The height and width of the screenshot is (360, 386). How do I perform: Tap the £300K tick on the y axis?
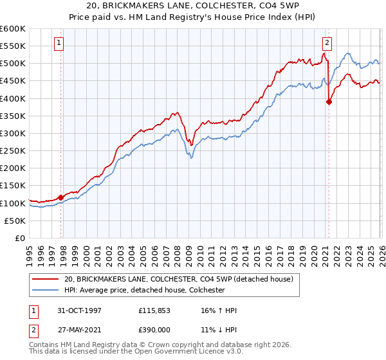pyautogui.click(x=13, y=133)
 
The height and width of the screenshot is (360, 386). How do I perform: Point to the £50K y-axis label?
pyautogui.click(x=15, y=221)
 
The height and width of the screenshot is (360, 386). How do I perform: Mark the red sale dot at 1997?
pyautogui.click(x=61, y=197)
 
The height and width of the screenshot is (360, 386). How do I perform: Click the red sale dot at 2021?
pyautogui.click(x=329, y=102)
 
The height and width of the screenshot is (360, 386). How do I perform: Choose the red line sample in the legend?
pyautogui.click(x=46, y=279)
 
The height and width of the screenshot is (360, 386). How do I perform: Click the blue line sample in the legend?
pyautogui.click(x=46, y=290)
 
